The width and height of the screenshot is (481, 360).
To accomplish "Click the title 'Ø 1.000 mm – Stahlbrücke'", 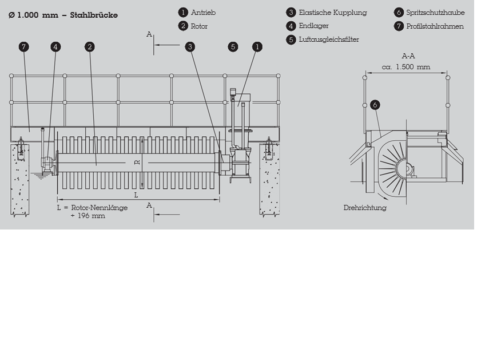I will click(63, 15).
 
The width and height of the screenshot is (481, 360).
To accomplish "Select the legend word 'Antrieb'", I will click(204, 13).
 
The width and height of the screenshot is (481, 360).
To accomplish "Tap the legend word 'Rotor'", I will click(200, 26).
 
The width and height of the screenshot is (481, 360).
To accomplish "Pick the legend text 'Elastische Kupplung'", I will click(333, 13).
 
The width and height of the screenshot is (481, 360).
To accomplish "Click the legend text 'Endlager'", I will click(314, 26).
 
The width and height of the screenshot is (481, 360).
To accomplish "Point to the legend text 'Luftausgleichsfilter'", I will click(329, 40).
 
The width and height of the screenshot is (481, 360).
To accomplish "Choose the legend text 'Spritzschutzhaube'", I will click(435, 13).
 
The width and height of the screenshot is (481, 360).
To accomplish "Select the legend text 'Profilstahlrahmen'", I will click(435, 26).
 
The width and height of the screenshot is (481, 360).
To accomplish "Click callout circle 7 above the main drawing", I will click(23, 47).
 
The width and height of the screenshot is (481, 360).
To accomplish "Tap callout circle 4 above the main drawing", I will click(55, 47).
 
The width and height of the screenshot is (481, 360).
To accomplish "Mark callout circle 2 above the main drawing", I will click(89, 47).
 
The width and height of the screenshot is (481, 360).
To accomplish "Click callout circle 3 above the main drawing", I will click(190, 47).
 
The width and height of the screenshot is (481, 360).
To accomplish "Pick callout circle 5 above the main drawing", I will click(233, 47).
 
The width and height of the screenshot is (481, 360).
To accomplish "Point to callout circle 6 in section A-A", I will click(375, 105).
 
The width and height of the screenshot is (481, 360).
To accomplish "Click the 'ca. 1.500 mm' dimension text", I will click(406, 67).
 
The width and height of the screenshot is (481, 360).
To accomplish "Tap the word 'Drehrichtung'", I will click(365, 208).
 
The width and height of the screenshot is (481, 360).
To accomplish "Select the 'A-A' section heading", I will click(408, 56).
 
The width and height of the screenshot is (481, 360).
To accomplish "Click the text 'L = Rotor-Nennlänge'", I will click(92, 208).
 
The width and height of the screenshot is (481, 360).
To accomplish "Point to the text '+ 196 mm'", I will click(92, 216).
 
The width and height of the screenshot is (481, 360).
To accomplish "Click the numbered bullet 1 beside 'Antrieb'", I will click(183, 13).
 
